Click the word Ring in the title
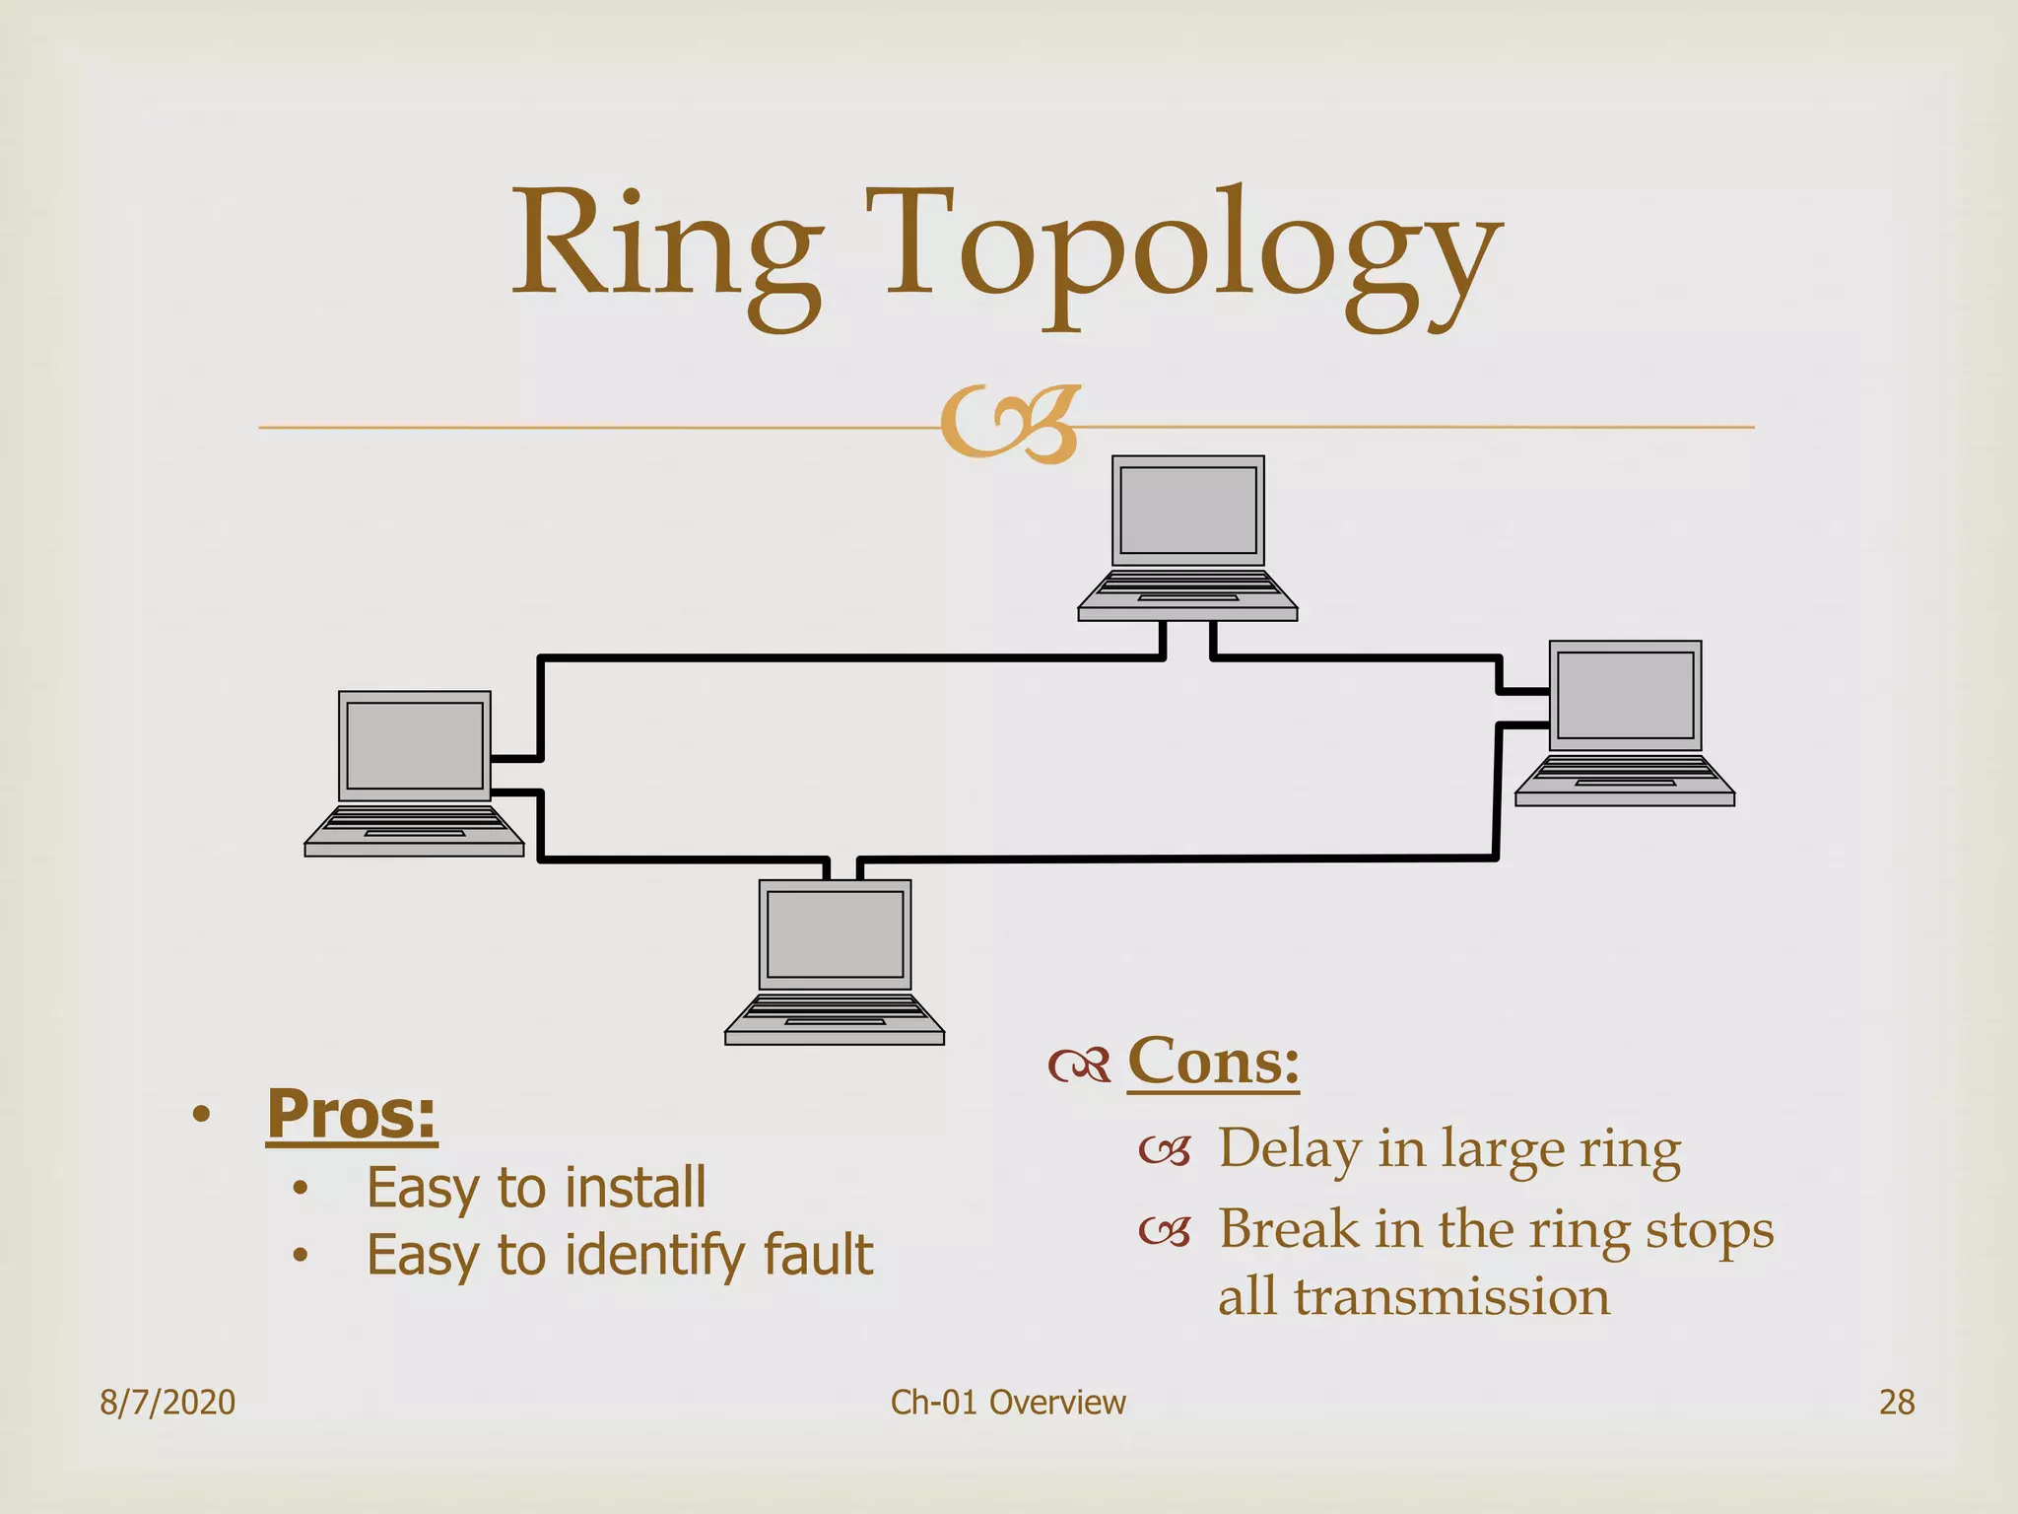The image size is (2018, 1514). pos(666,246)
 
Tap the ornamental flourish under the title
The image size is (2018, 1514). pos(1010,425)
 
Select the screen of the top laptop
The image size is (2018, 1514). pos(1188,511)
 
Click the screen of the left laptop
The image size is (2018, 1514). pos(415,745)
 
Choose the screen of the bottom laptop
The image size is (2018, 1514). pos(835,933)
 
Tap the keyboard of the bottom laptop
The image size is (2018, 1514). pos(835,1008)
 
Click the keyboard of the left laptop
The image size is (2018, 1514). pos(415,820)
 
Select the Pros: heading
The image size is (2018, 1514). pos(352,1114)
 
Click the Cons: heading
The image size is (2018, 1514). pos(1213,1063)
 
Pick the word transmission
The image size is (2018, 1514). pos(1451,1296)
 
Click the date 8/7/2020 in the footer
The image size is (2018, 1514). pos(168,1402)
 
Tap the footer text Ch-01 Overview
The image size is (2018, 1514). pos(1008,1402)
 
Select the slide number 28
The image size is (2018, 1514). pos(1897,1402)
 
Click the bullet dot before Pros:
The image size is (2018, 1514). pos(201,1115)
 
